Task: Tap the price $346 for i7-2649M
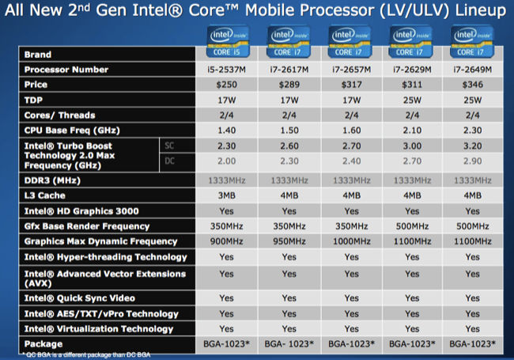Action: click(x=471, y=85)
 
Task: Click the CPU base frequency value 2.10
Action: click(x=411, y=131)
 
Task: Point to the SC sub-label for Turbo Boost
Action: click(x=168, y=146)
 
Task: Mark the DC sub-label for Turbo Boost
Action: click(x=168, y=161)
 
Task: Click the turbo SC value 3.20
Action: click(x=471, y=146)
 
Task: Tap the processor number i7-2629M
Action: click(x=411, y=70)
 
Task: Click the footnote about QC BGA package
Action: click(x=79, y=354)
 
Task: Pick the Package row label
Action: click(x=43, y=344)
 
